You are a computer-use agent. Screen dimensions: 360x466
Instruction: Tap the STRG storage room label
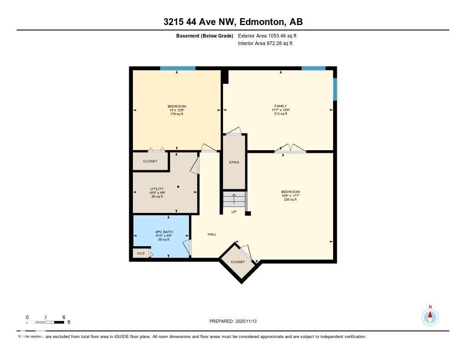point(234,162)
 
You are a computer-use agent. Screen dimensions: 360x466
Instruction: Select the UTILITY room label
point(157,189)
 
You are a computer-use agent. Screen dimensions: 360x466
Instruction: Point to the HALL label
point(212,234)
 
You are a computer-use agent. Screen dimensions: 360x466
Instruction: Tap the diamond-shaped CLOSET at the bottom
point(238,262)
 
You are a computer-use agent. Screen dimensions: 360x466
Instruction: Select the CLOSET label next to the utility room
point(150,161)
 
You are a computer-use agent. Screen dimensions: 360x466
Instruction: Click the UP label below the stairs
point(234,212)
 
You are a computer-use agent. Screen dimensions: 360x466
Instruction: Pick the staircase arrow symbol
point(234,198)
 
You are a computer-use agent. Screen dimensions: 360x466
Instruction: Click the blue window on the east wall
point(335,89)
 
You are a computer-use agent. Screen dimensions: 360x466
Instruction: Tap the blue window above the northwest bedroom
point(177,68)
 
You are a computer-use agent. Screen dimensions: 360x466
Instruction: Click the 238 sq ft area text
point(290,199)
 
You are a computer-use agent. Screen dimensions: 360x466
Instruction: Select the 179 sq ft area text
point(177,114)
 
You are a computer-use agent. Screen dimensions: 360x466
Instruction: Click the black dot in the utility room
point(178,187)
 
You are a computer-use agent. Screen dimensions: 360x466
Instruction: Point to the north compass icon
point(430,316)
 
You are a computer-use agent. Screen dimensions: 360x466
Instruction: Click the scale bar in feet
point(46,322)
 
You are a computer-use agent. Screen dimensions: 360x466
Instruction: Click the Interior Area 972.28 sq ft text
point(265,43)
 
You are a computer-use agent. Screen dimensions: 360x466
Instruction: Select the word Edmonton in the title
point(262,22)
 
